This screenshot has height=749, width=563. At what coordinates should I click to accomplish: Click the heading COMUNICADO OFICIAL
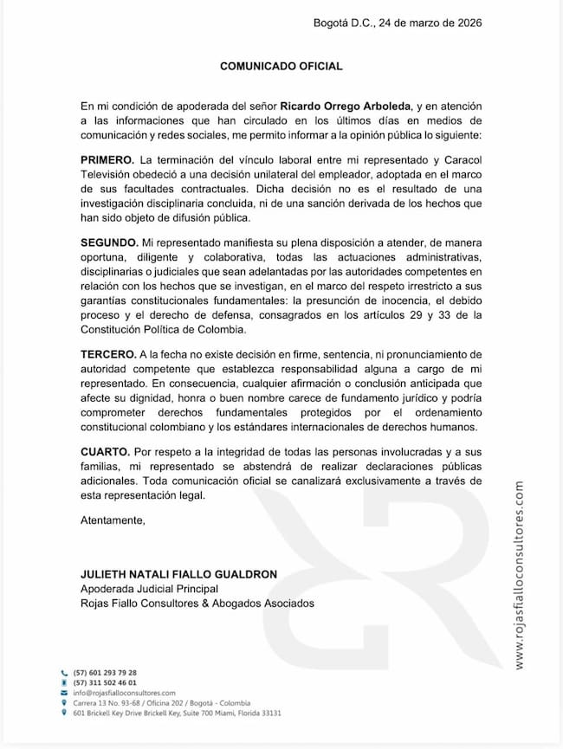coord(281,66)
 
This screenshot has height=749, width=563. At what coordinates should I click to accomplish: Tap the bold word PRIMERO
coord(107,160)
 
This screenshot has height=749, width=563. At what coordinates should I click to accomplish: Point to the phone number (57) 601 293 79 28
coord(105,673)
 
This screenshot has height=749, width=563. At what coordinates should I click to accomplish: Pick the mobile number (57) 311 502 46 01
coord(105,683)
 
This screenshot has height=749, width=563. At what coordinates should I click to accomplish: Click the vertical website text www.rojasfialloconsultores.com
coord(519,575)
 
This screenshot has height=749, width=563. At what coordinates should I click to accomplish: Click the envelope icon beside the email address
coord(64,694)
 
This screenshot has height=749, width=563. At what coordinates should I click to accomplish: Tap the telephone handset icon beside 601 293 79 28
coord(64,673)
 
